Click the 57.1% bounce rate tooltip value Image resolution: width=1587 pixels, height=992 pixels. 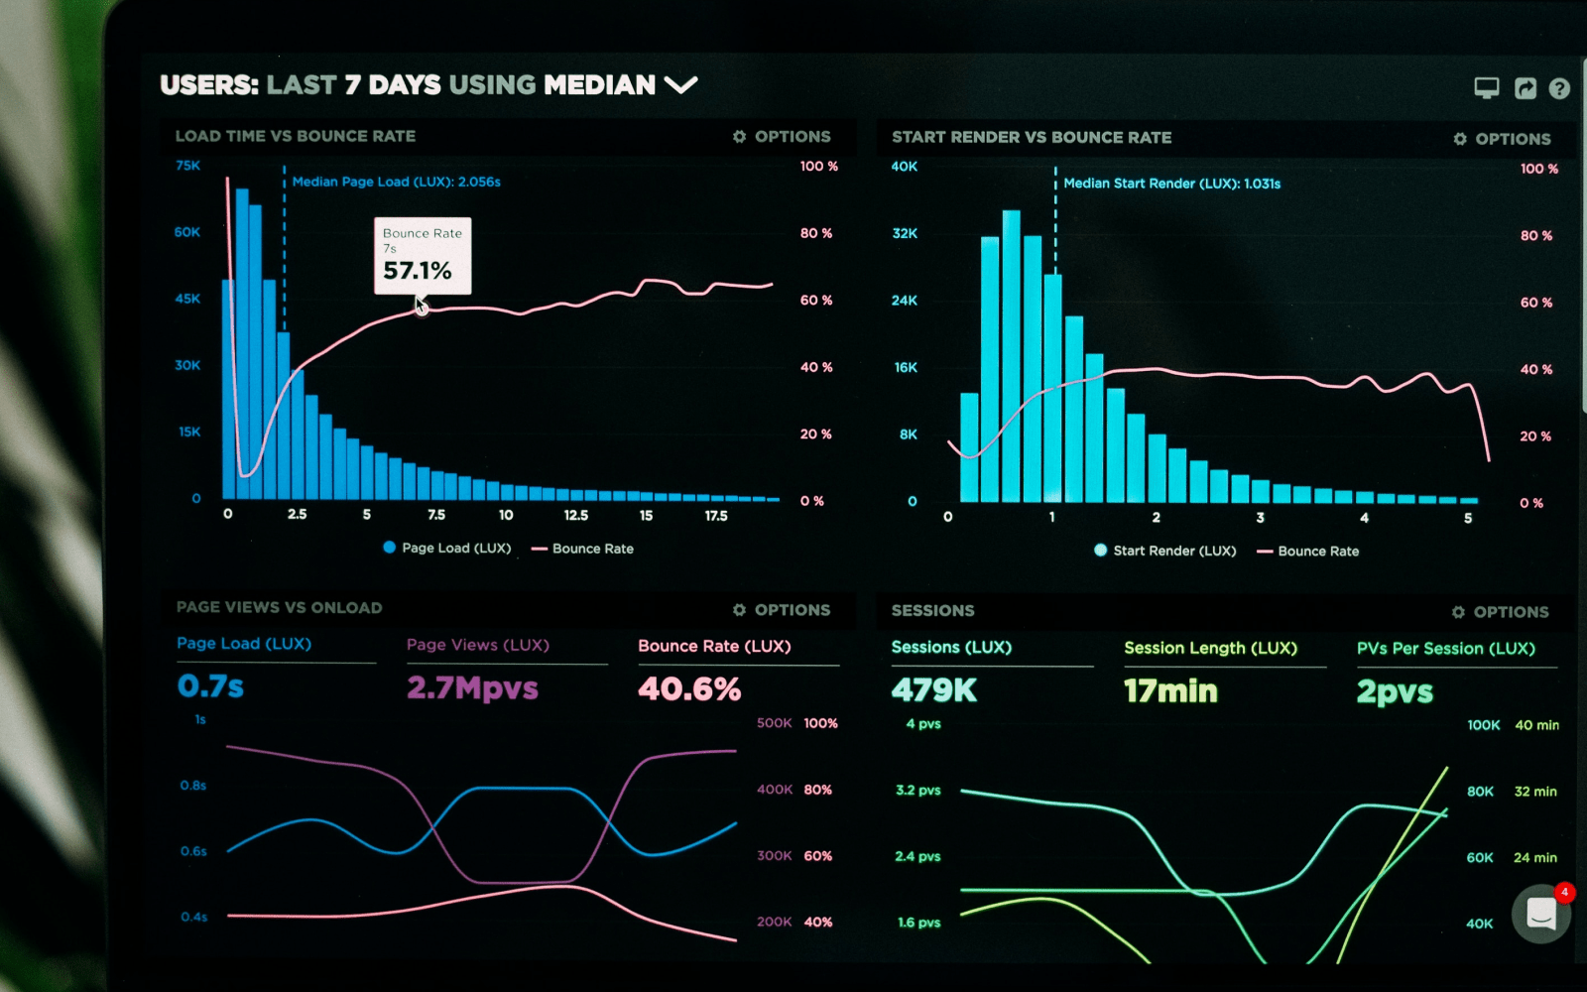[x=418, y=271]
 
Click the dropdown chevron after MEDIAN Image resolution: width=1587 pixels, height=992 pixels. [x=681, y=85]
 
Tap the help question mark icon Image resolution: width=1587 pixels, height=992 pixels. [x=1559, y=89]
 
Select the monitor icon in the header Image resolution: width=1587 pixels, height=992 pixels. [x=1486, y=88]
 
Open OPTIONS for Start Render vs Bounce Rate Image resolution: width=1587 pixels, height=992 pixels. [x=1502, y=139]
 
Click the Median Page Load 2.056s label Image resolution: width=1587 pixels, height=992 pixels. [x=396, y=183]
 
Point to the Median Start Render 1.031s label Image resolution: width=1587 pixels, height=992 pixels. [x=1171, y=184]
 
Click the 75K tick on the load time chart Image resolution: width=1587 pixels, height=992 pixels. [x=187, y=166]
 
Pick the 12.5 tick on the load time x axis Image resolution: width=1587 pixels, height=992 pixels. [x=576, y=516]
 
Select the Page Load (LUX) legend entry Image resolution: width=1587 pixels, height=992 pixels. [x=447, y=548]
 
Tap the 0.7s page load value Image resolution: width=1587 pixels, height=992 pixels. [x=210, y=686]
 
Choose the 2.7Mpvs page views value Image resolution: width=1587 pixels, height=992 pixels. [x=472, y=688]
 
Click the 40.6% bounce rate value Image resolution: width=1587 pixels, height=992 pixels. [x=689, y=689]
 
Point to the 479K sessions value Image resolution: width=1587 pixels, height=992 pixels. [x=934, y=690]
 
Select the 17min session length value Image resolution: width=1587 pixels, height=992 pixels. [x=1170, y=691]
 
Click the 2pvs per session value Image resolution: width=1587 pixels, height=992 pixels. [x=1395, y=692]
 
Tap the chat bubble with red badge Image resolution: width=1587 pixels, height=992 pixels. [x=1541, y=913]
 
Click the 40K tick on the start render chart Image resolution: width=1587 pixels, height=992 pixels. [x=905, y=167]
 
